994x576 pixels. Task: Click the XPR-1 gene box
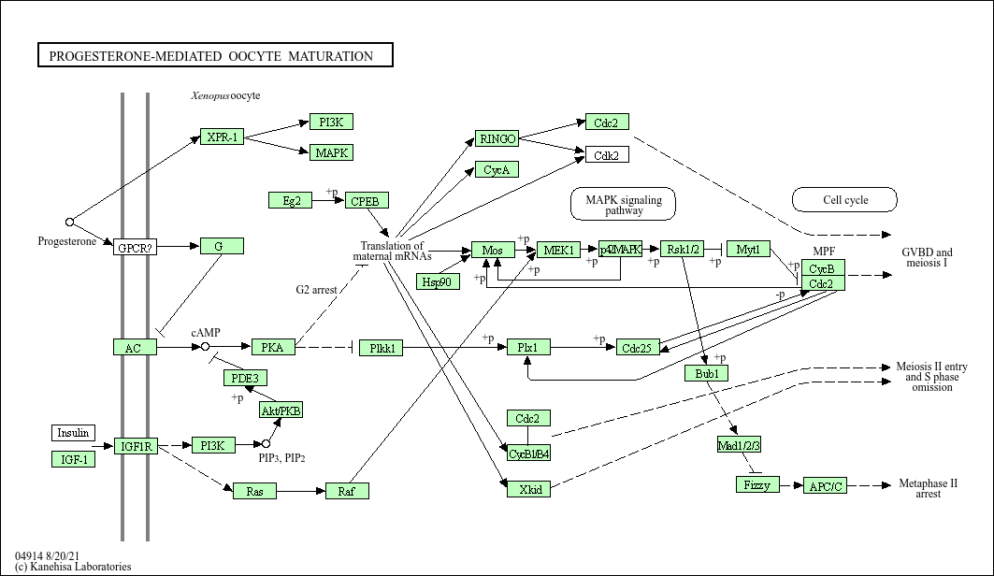pyautogui.click(x=222, y=137)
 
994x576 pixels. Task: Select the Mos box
pyautogui.click(x=493, y=250)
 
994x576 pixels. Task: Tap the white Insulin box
pyautogui.click(x=73, y=433)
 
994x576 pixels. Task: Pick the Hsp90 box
pyautogui.click(x=438, y=281)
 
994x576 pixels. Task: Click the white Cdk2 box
pyautogui.click(x=607, y=155)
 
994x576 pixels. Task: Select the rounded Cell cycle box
pyautogui.click(x=844, y=200)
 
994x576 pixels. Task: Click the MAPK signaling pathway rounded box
pyautogui.click(x=623, y=205)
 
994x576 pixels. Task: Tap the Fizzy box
pyautogui.click(x=756, y=485)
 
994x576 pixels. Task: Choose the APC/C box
pyautogui.click(x=826, y=485)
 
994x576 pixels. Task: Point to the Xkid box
pyautogui.click(x=528, y=489)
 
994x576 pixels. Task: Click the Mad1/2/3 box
pyautogui.click(x=739, y=443)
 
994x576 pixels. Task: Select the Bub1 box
pyautogui.click(x=706, y=373)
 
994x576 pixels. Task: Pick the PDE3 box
pyautogui.click(x=245, y=378)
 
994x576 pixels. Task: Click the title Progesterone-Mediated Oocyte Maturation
pyautogui.click(x=215, y=56)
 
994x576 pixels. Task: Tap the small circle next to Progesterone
pyautogui.click(x=69, y=223)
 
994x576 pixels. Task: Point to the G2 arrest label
pyautogui.click(x=317, y=290)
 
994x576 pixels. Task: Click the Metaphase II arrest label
pyautogui.click(x=928, y=488)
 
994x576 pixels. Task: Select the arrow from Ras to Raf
pyautogui.click(x=301, y=491)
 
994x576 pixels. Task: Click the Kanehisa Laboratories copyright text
pyautogui.click(x=73, y=567)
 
